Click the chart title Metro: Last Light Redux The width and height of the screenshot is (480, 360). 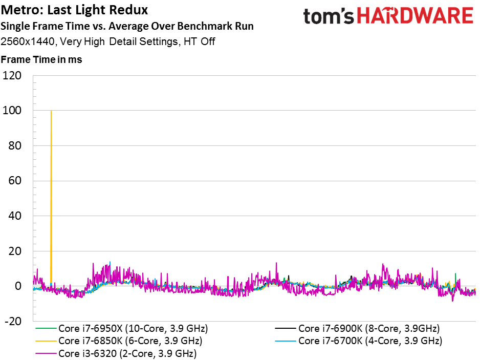pos(74,10)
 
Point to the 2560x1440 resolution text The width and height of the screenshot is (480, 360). pos(28,41)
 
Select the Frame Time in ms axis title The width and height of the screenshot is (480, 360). pos(41,59)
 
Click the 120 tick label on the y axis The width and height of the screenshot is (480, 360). pos(12,75)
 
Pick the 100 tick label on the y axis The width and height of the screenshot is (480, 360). pos(12,111)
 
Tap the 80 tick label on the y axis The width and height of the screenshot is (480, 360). pos(15,145)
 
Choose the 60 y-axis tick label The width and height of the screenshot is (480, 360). pos(15,181)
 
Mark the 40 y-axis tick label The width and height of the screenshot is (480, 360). pos(15,216)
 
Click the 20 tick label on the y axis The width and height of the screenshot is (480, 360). pos(15,251)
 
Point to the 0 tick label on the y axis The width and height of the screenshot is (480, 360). pos(18,286)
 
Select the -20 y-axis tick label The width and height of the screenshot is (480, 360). pos(13,322)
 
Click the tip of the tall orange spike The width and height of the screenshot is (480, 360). pos(51,111)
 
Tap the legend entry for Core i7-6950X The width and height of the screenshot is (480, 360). pos(122,328)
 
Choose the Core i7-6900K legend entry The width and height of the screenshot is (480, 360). pos(357,328)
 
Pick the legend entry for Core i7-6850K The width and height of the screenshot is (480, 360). pos(119,341)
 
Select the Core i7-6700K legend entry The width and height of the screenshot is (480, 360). pos(359,341)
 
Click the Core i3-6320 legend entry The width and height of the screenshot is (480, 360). pos(116,353)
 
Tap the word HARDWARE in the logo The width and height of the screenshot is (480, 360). pos(415,16)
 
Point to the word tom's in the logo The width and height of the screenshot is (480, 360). pos(329,16)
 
